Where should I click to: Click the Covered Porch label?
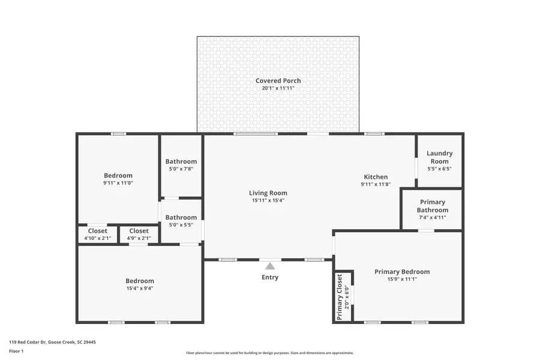[x=278, y=80]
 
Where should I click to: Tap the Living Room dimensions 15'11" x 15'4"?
[x=268, y=200]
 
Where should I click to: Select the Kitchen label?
[x=376, y=177]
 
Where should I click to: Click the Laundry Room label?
[x=439, y=157]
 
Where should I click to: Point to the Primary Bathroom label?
[x=432, y=206]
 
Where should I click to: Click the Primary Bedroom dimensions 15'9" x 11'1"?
[x=402, y=279]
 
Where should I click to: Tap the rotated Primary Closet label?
[x=340, y=296]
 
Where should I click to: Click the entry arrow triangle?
[x=270, y=266]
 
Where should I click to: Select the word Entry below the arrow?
[x=270, y=277]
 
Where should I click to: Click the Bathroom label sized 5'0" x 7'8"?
[x=181, y=161]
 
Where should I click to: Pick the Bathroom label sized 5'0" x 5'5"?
[x=181, y=217]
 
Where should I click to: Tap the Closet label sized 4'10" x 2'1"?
[x=98, y=230]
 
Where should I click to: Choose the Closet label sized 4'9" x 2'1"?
[x=139, y=230]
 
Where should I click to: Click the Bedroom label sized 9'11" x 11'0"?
[x=118, y=176]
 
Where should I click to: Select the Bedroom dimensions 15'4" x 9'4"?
[x=140, y=288]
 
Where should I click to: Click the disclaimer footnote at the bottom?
[x=270, y=353]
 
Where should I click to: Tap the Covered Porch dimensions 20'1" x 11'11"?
[x=278, y=88]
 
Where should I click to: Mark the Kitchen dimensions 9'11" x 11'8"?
[x=376, y=184]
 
